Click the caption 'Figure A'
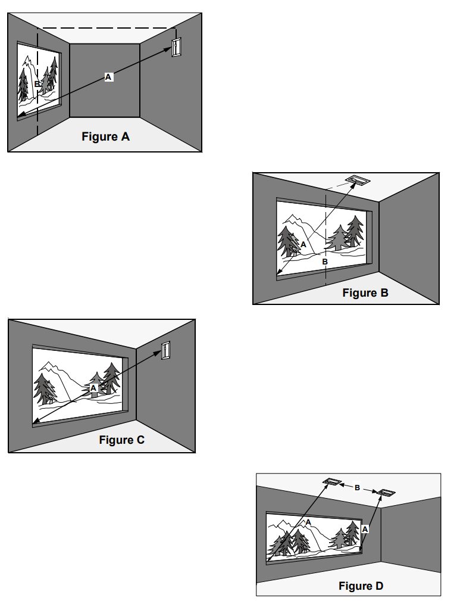pyautogui.click(x=105, y=136)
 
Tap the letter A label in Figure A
pyautogui.click(x=108, y=77)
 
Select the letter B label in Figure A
pyautogui.click(x=37, y=85)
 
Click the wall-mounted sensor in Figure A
pyautogui.click(x=176, y=47)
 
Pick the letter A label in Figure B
pyautogui.click(x=303, y=244)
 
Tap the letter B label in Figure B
pyautogui.click(x=325, y=261)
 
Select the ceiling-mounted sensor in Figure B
pyautogui.click(x=357, y=179)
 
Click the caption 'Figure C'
pyautogui.click(x=121, y=440)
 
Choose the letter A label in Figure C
pyautogui.click(x=93, y=387)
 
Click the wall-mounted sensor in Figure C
pyautogui.click(x=165, y=350)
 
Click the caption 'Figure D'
pyautogui.click(x=361, y=586)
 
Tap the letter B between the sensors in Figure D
pyautogui.click(x=357, y=487)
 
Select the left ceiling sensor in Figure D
pyautogui.click(x=331, y=481)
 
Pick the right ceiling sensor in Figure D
pyautogui.click(x=386, y=493)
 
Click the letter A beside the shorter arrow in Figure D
pyautogui.click(x=365, y=528)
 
